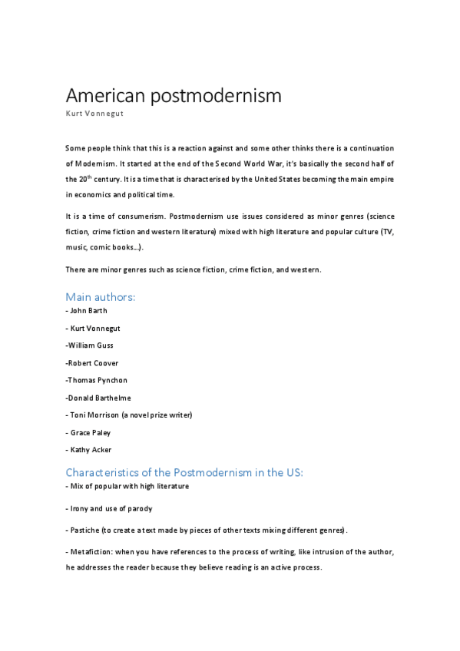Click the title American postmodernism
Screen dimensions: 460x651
point(173,97)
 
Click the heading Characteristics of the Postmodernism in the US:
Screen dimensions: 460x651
point(184,473)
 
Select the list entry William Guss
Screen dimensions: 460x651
point(92,345)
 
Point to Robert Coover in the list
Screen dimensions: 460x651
point(92,363)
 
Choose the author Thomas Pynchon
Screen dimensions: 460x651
point(97,380)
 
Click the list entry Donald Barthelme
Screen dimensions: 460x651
point(98,398)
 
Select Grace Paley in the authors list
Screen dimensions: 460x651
point(91,433)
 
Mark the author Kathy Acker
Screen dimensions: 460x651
point(91,450)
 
